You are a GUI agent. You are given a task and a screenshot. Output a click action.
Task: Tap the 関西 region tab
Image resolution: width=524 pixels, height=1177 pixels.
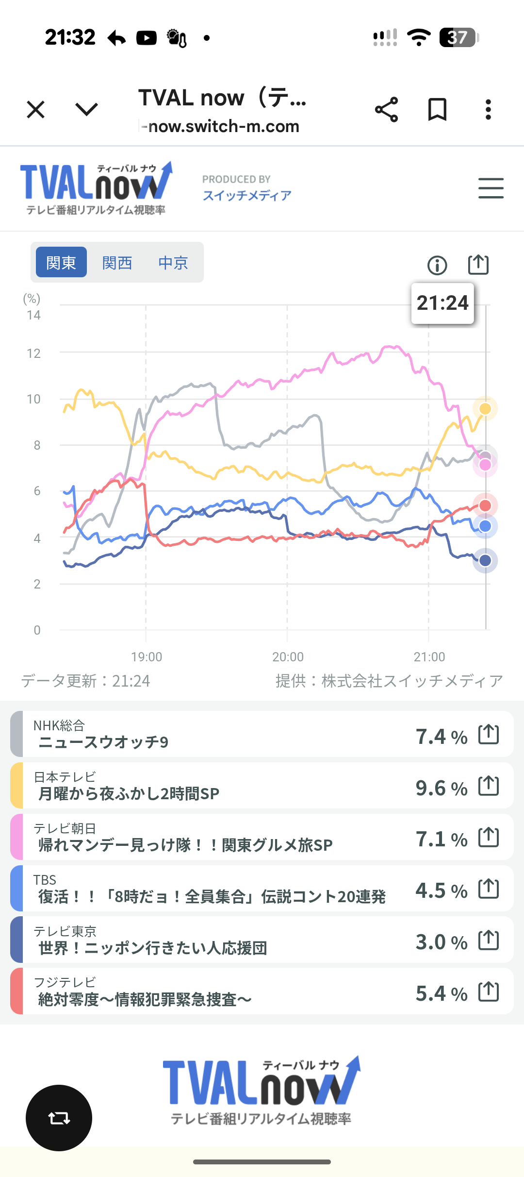tap(117, 263)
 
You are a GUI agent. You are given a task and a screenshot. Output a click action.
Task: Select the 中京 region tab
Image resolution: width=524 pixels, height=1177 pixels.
tap(173, 263)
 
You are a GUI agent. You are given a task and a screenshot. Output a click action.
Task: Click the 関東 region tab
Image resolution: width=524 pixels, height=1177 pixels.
tap(61, 262)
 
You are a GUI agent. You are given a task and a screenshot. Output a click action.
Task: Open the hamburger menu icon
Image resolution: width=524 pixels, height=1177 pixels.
tap(491, 188)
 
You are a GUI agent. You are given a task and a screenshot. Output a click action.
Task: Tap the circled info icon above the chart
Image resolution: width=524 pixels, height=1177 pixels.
tap(437, 265)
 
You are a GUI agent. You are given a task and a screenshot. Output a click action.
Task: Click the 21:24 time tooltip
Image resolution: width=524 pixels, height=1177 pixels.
tap(442, 303)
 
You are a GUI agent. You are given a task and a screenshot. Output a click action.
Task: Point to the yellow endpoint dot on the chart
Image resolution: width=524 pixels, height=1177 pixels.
tap(485, 409)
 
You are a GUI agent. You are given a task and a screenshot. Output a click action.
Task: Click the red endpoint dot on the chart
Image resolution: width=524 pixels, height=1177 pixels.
tap(485, 505)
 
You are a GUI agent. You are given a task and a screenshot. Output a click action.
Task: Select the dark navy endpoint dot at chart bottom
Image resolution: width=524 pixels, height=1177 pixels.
tap(485, 561)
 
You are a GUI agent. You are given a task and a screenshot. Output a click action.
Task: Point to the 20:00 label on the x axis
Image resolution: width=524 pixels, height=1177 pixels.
tap(288, 657)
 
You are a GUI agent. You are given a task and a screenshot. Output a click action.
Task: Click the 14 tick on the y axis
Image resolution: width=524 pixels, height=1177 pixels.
tap(33, 315)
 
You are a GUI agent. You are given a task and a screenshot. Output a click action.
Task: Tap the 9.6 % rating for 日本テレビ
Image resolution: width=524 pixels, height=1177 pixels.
tap(441, 788)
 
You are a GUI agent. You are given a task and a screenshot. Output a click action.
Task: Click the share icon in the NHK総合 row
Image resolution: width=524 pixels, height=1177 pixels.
tap(489, 734)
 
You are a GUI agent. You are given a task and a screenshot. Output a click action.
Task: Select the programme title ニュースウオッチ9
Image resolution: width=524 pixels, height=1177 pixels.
tap(103, 742)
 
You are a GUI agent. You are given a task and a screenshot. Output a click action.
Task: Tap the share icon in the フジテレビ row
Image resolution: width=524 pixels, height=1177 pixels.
tap(489, 991)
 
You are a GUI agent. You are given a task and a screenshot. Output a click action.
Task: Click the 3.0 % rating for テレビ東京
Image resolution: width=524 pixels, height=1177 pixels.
tap(441, 942)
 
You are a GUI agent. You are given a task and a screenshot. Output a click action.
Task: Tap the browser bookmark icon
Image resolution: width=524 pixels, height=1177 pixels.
tap(437, 109)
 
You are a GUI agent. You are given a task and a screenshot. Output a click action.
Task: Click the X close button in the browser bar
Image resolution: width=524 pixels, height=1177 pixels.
tap(35, 109)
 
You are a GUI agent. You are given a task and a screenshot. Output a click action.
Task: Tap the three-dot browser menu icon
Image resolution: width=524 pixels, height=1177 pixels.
tap(488, 109)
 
